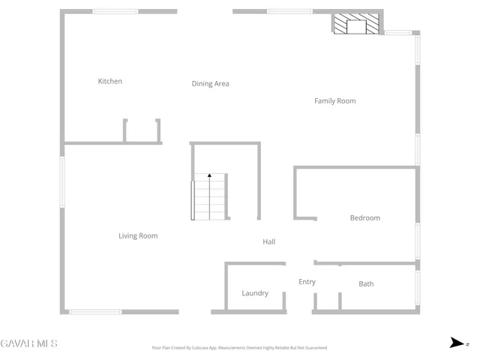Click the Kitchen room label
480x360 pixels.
[x=110, y=81]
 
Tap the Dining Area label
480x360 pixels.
[x=210, y=84]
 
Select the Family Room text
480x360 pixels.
[x=334, y=100]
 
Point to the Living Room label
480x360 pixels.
[x=138, y=236]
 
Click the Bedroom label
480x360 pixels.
[x=365, y=218]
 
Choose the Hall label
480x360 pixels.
[x=269, y=241]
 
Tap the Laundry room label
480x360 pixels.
[x=255, y=293]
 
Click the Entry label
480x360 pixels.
[x=307, y=282]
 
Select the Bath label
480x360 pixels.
[x=366, y=284]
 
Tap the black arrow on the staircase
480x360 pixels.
[x=210, y=176]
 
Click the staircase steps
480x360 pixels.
[x=209, y=198]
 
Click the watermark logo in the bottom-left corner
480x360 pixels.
[x=28, y=343]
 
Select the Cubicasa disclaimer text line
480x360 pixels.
[x=239, y=348]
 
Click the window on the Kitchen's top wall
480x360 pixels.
[x=115, y=11]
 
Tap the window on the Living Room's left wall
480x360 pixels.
[x=62, y=180]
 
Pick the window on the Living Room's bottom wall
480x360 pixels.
[x=95, y=311]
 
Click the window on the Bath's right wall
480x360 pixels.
[x=417, y=288]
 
